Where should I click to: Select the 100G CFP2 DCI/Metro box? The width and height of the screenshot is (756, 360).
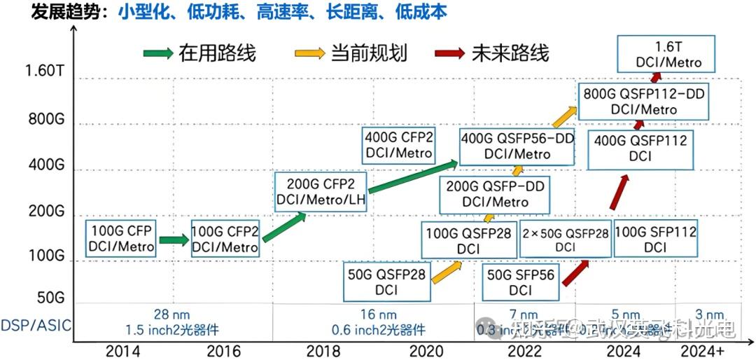pyautogui.click(x=225, y=238)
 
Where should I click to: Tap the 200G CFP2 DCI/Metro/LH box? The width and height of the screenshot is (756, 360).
pyautogui.click(x=321, y=193)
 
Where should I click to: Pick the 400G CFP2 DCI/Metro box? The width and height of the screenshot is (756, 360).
pyautogui.click(x=398, y=144)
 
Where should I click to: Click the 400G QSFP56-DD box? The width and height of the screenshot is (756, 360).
pyautogui.click(x=517, y=146)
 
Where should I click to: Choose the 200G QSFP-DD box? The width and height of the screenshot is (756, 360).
pyautogui.click(x=495, y=194)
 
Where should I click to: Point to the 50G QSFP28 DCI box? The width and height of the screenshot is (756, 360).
pyautogui.click(x=386, y=282)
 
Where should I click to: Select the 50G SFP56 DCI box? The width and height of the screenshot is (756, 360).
pyautogui.click(x=520, y=282)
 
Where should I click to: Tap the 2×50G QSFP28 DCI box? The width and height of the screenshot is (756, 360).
pyautogui.click(x=565, y=239)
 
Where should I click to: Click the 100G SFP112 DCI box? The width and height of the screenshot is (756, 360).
pyautogui.click(x=655, y=239)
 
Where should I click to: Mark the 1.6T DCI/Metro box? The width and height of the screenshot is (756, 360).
pyautogui.click(x=668, y=55)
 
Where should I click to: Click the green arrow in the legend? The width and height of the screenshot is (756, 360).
pyautogui.click(x=157, y=53)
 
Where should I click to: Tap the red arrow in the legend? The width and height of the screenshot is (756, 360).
pyautogui.click(x=449, y=53)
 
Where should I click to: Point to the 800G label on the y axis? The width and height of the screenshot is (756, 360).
pyautogui.click(x=46, y=119)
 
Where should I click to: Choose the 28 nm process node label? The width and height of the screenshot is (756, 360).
pyautogui.click(x=171, y=315)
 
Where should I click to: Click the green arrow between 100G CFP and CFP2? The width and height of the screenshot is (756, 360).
pyautogui.click(x=174, y=240)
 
